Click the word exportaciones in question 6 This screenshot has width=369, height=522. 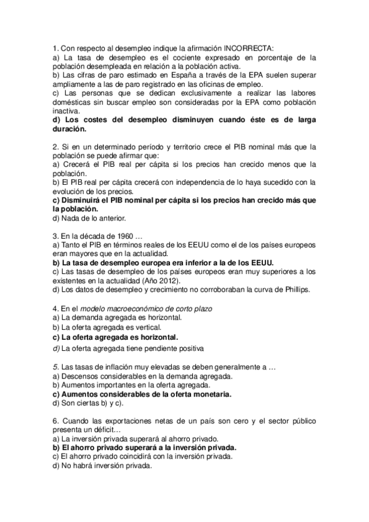tap(131, 420)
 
